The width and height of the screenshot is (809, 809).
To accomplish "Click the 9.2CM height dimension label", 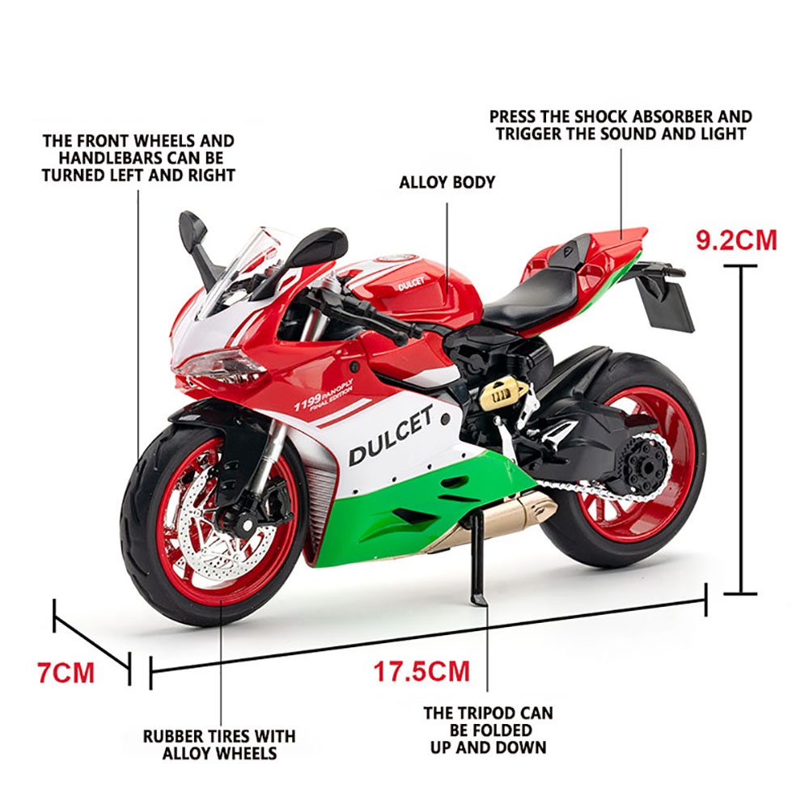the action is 736,240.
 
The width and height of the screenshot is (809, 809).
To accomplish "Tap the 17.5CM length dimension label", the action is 421,671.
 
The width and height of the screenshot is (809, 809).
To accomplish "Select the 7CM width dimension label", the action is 66,672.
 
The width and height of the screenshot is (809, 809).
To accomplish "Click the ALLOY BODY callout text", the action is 447,182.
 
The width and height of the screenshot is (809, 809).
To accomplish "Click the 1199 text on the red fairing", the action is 307,402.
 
